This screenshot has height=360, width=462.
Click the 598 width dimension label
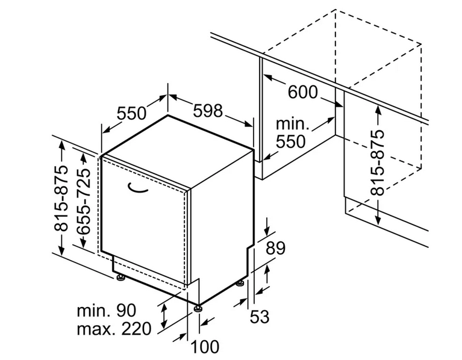(x=208, y=111)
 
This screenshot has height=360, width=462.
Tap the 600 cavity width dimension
(x=302, y=92)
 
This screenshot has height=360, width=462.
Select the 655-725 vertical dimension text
(x=83, y=201)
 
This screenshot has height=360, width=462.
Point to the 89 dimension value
(x=275, y=248)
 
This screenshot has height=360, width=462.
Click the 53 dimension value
(x=260, y=317)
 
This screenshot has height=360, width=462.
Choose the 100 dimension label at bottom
(x=205, y=347)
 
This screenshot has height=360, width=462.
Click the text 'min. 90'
(x=107, y=310)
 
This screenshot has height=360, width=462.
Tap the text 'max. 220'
(x=114, y=329)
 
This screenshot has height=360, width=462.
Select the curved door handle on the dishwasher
(x=137, y=188)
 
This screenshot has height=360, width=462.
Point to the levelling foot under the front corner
(x=198, y=309)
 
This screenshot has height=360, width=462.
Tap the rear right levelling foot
(x=240, y=284)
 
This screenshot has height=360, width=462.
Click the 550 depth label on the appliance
(x=131, y=113)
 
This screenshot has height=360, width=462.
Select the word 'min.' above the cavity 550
(x=293, y=124)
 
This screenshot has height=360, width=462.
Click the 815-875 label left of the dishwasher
(x=61, y=198)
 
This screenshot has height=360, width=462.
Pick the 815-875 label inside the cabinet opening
(x=378, y=163)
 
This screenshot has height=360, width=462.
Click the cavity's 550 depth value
(x=291, y=141)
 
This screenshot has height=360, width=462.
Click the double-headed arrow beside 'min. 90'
(x=164, y=317)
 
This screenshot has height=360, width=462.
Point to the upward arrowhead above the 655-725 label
(x=83, y=158)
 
